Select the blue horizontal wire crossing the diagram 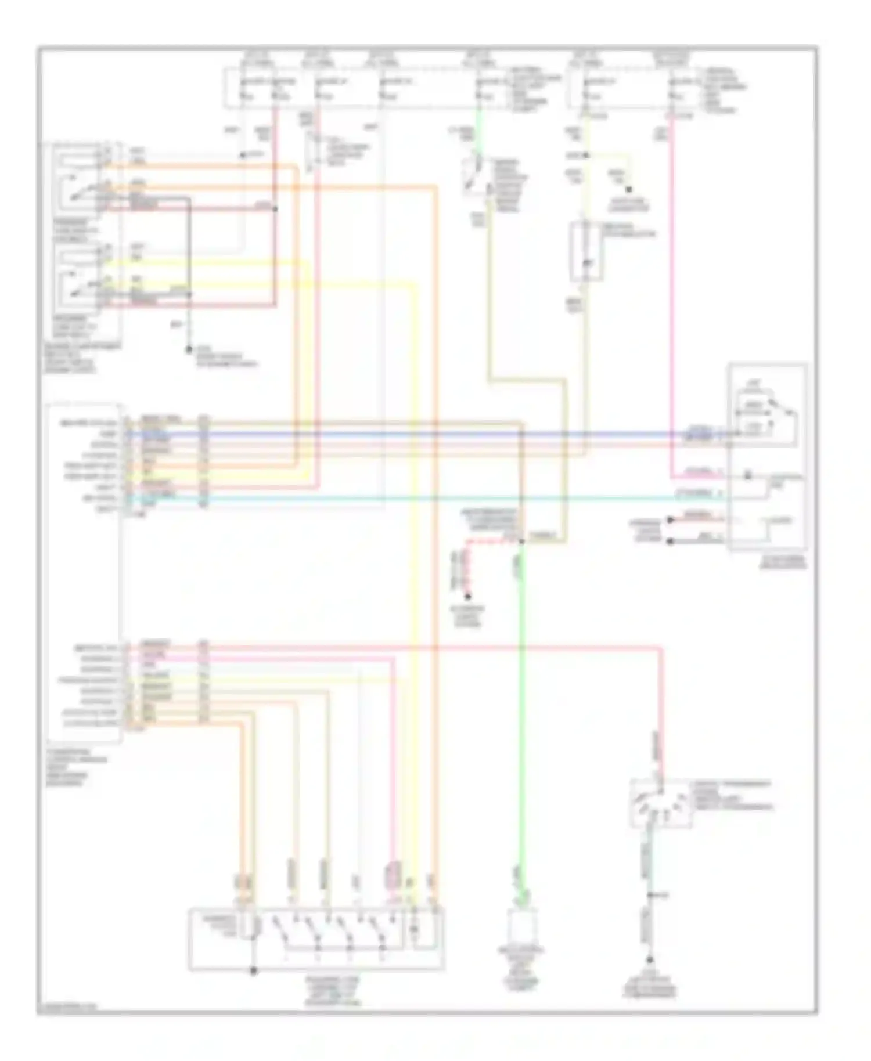tap(406, 434)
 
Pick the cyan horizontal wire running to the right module tap(406, 497)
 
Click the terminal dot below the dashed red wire tap(468, 596)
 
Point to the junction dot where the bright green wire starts tap(521, 542)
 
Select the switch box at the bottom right tap(660, 803)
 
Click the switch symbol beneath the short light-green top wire tap(476, 174)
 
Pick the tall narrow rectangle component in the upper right tap(585, 251)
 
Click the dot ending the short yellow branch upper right tap(628, 190)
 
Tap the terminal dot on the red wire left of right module tap(670, 519)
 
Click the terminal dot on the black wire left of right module tap(670, 541)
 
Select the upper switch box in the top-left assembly tap(86, 179)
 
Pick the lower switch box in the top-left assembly tap(86, 277)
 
